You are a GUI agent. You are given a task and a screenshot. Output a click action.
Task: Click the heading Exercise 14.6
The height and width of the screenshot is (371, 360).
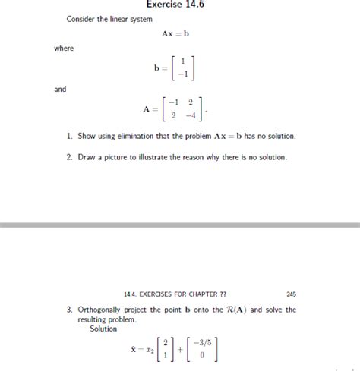pos(175,5)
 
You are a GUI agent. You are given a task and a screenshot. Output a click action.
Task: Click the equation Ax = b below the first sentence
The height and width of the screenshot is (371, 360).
pos(175,34)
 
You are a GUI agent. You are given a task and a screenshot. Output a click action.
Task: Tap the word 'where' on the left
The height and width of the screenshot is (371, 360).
pos(64,49)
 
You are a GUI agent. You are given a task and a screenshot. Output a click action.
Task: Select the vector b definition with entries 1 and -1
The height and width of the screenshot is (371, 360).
pos(174,68)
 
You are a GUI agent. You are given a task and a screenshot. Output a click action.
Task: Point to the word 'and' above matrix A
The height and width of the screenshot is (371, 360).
pos(60,89)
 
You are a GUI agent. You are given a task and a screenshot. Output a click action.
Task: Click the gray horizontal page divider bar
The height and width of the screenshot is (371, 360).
pos(180,225)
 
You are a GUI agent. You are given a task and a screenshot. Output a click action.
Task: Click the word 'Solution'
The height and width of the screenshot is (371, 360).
pos(103,329)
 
